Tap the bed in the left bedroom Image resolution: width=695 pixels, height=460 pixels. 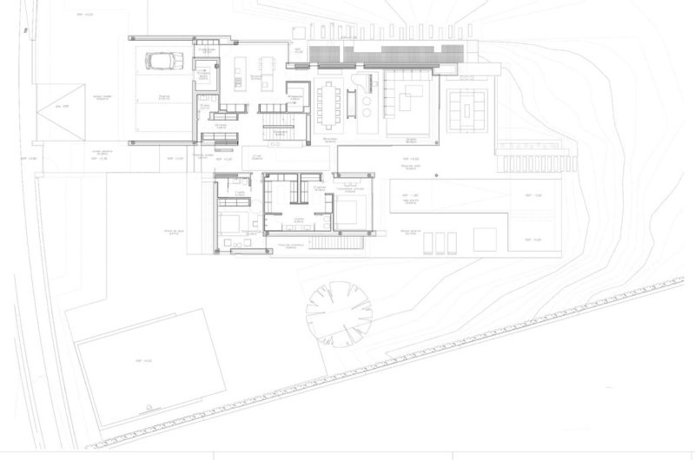[232, 223]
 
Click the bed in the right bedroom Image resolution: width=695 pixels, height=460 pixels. [352, 211]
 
